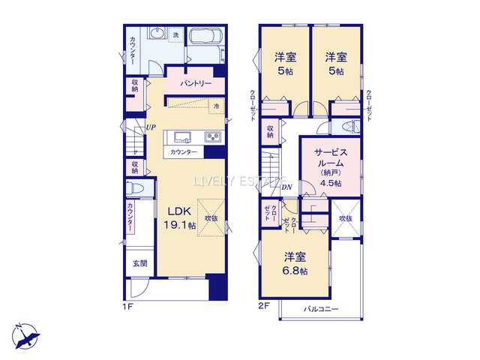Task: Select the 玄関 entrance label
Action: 140,263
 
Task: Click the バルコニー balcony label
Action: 321,308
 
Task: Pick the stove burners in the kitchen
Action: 212,136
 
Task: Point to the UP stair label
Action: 151,127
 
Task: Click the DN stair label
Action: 286,187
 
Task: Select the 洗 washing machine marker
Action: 176,35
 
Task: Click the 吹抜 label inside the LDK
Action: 211,218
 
